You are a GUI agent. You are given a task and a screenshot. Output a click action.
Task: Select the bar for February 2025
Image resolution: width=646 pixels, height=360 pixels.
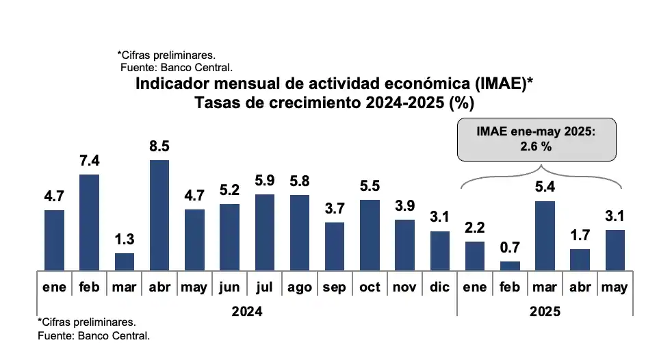510,266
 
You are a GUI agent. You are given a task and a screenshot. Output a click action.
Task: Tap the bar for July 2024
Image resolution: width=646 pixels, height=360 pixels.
264,233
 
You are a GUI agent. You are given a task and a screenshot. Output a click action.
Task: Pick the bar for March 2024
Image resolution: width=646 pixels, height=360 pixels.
124,261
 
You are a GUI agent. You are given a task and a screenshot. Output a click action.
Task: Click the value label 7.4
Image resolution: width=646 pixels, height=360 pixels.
89,161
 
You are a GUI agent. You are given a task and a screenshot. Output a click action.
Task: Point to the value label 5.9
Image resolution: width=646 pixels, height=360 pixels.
264,181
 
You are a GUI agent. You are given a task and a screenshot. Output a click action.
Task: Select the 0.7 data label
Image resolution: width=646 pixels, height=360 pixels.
510,248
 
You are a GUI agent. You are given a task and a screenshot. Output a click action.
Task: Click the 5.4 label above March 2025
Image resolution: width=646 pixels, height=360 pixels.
545,187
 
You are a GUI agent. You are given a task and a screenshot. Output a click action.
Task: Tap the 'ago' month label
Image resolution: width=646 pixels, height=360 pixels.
299,287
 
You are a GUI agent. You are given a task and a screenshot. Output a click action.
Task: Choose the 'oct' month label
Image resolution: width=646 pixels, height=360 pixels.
370,287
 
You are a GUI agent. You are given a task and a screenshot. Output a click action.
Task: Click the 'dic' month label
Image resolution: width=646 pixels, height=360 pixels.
439,287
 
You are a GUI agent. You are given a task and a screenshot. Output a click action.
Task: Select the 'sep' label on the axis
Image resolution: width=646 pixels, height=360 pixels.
334,287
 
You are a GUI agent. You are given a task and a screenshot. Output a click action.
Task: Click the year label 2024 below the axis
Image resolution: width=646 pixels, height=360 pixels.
246,311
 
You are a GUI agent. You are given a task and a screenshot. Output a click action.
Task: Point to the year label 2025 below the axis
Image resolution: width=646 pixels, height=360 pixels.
545,311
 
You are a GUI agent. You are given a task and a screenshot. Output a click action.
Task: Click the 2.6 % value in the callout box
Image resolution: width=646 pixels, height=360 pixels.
537,146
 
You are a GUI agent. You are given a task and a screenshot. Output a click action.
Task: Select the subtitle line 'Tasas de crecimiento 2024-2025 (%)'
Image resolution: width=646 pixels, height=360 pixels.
334,103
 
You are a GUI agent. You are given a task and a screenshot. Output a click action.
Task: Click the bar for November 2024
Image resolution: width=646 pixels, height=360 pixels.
404,244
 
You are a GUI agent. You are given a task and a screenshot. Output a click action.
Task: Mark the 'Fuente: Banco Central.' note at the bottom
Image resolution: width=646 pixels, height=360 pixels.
93,336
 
